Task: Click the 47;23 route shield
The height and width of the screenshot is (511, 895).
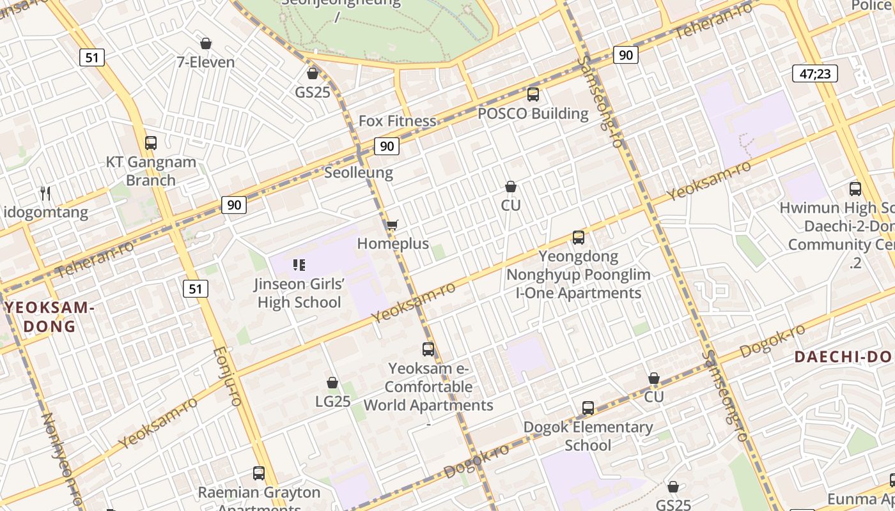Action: tap(815, 73)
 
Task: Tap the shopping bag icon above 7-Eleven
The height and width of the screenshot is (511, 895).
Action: tap(206, 43)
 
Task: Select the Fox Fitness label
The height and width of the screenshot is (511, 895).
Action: tap(397, 121)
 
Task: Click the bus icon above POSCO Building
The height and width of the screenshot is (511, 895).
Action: tap(533, 95)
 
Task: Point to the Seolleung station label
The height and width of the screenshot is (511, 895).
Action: tap(359, 172)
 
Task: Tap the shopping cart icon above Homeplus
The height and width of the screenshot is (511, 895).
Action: tap(393, 225)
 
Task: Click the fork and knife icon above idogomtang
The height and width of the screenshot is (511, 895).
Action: tap(45, 193)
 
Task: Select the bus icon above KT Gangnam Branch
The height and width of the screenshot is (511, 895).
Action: tap(151, 143)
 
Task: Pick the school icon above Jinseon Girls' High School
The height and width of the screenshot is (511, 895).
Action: tap(299, 264)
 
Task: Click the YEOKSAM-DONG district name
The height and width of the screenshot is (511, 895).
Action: tap(50, 317)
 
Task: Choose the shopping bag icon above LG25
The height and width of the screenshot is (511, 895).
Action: tap(332, 383)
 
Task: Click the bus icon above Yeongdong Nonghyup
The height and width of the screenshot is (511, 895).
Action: tap(579, 238)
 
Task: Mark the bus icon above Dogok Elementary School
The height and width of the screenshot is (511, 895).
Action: tap(588, 408)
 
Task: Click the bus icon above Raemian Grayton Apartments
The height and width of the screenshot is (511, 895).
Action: tap(259, 473)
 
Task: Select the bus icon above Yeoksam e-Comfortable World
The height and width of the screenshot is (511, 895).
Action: tap(428, 349)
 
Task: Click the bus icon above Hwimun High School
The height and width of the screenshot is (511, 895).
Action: tap(855, 189)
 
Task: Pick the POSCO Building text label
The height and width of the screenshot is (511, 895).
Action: tap(533, 114)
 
